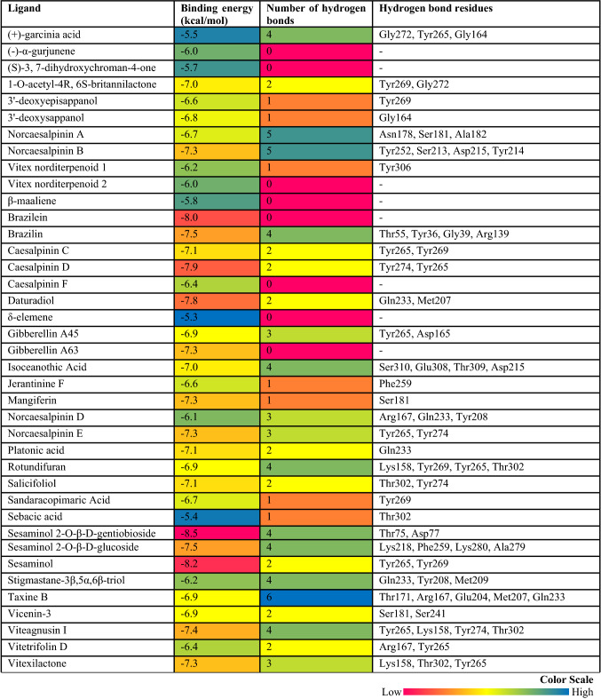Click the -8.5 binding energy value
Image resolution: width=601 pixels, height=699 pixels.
(217, 532)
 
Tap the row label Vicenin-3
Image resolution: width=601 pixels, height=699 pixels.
(28, 616)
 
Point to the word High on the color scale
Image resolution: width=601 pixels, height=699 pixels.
(583, 691)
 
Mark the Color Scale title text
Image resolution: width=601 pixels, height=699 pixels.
(566, 679)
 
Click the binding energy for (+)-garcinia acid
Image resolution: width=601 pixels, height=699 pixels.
(217, 33)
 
